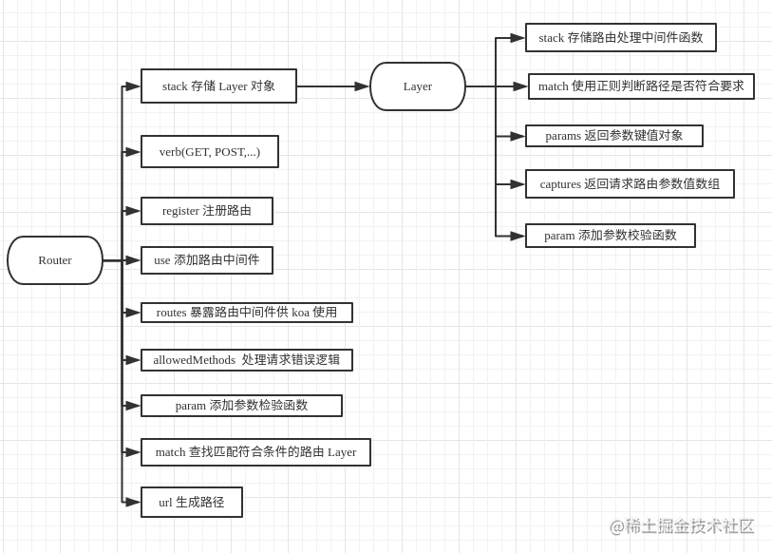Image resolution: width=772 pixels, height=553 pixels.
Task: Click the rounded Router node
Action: click(55, 260)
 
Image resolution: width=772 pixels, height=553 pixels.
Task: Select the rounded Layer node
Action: click(418, 86)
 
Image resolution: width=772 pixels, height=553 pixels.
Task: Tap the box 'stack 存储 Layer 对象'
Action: click(218, 86)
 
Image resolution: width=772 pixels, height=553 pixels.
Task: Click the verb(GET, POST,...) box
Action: click(210, 152)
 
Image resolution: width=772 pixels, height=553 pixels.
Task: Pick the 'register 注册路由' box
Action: click(207, 211)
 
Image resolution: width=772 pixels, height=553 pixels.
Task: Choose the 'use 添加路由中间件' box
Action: click(207, 260)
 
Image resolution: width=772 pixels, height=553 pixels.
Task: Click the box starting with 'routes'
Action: click(247, 313)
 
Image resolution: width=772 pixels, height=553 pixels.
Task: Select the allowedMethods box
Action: click(247, 360)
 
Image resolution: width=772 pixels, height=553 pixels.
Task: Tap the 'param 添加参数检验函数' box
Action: click(241, 406)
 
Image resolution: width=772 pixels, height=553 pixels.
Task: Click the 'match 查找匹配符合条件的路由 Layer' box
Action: click(255, 452)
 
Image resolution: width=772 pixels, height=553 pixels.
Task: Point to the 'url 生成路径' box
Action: click(192, 503)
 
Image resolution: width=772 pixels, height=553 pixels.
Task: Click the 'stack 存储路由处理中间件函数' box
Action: click(621, 38)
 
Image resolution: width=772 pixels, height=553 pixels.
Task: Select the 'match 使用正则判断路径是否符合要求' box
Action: click(641, 86)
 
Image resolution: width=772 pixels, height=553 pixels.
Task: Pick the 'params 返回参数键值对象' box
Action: click(614, 136)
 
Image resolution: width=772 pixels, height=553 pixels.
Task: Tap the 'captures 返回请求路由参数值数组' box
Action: click(630, 184)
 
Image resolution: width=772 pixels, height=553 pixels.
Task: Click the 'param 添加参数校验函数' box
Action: click(611, 236)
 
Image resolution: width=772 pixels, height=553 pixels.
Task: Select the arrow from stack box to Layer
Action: click(332, 86)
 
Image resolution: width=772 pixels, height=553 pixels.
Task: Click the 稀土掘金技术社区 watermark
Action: click(682, 526)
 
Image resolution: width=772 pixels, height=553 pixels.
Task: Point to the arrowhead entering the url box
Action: click(133, 503)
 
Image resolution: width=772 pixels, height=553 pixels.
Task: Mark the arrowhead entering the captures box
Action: click(518, 184)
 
